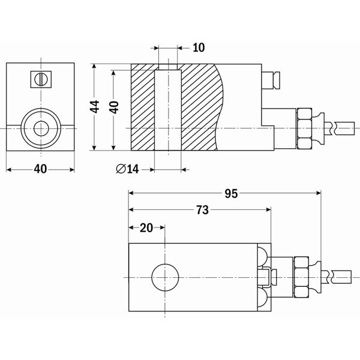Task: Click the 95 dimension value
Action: tap(232, 193)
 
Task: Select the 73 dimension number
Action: tap(202, 210)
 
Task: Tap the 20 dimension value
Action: tap(146, 227)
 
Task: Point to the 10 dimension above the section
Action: tap(199, 47)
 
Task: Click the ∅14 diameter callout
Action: tap(127, 169)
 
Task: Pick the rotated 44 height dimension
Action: tap(95, 107)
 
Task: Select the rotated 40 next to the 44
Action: tap(114, 107)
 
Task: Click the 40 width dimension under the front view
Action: tap(40, 169)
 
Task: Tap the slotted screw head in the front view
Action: tap(41, 79)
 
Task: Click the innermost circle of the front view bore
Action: tap(41, 128)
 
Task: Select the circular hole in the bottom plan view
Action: tap(165, 277)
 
